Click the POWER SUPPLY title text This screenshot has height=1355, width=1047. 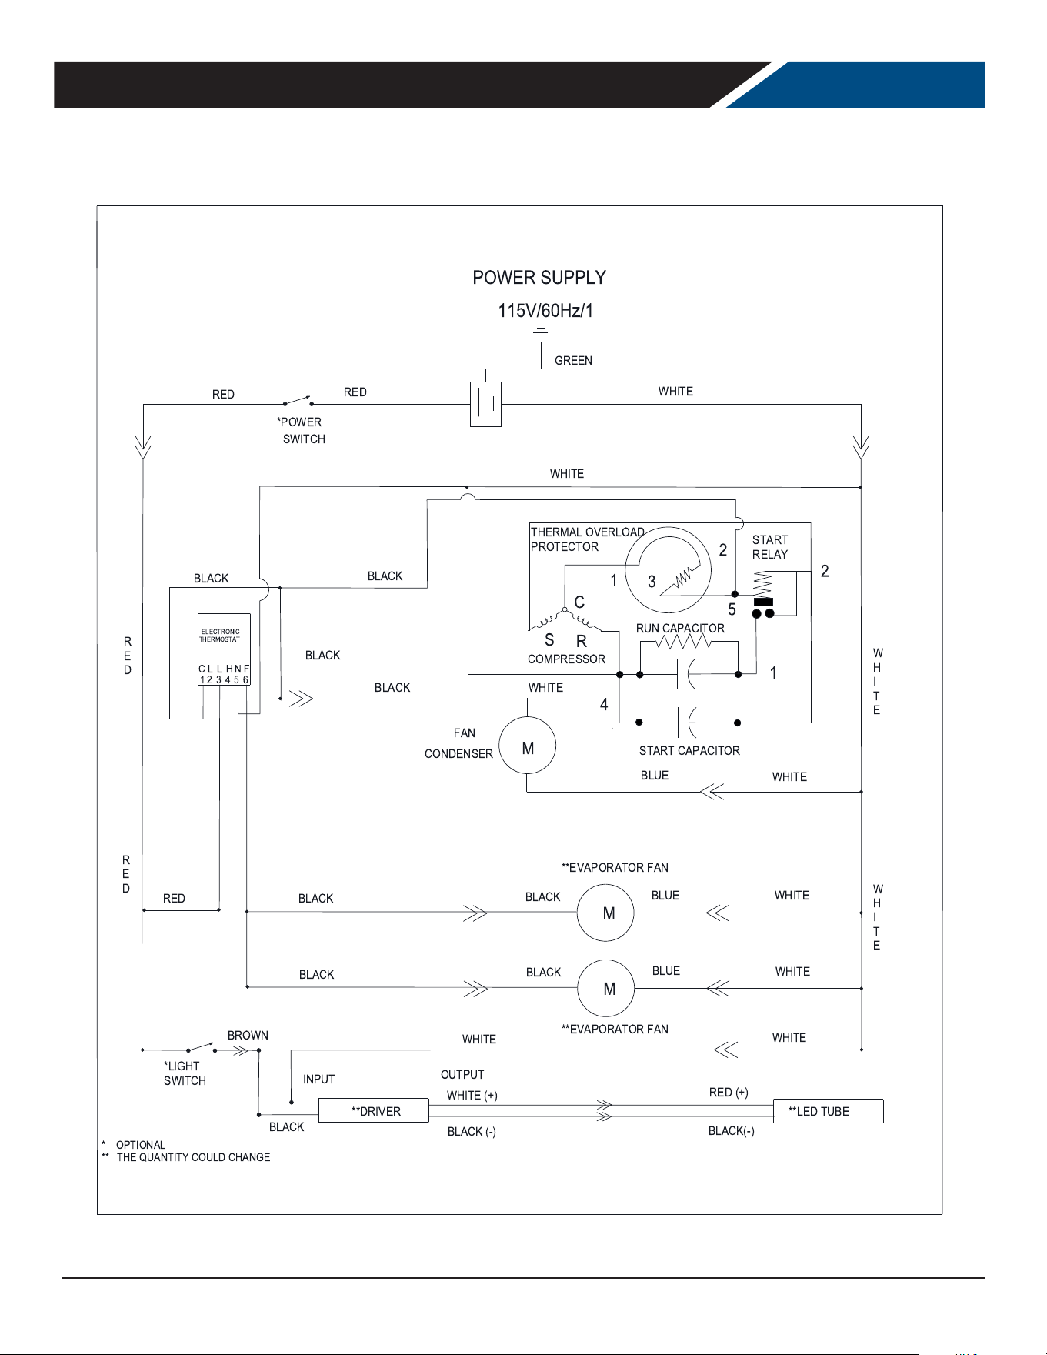click(x=539, y=278)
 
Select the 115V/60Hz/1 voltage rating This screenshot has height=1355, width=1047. click(x=545, y=311)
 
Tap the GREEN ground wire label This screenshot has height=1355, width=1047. click(x=573, y=361)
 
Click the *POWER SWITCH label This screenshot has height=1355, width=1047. click(x=301, y=431)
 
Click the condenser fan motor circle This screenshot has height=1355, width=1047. click(x=528, y=746)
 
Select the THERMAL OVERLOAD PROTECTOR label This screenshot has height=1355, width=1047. click(x=587, y=539)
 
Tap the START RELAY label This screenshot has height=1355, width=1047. click(x=770, y=547)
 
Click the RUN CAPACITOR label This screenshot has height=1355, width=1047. click(x=680, y=629)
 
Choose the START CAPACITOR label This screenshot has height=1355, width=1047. click(x=689, y=751)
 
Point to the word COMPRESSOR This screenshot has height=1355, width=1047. click(x=566, y=659)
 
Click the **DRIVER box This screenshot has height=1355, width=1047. click(x=374, y=1110)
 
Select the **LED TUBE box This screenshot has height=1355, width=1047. click(x=828, y=1111)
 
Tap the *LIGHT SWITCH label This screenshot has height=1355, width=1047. click(x=185, y=1073)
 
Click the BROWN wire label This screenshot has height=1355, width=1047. click(x=248, y=1036)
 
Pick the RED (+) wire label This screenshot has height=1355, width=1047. click(x=729, y=1093)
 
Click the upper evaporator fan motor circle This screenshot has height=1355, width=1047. click(x=606, y=913)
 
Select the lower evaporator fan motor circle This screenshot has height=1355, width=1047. click(x=606, y=989)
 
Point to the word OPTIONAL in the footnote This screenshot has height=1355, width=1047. click(x=141, y=1145)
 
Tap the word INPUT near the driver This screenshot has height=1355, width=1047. click(x=318, y=1080)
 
